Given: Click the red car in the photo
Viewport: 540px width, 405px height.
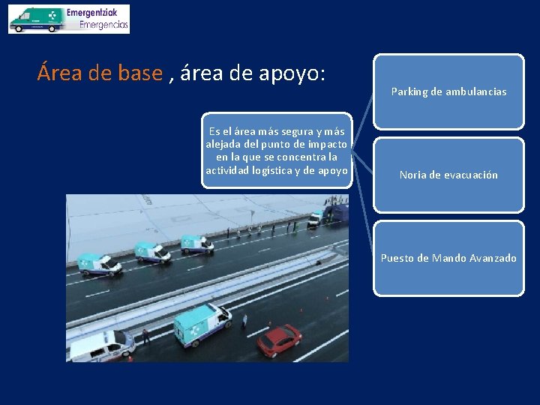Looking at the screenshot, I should pos(279,338).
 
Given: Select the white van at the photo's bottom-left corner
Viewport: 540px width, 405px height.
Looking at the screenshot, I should pos(100,346).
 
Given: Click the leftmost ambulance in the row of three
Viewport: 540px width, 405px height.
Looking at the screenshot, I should pos(100,264).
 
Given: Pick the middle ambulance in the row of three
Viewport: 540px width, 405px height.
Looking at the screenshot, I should pos(152,252).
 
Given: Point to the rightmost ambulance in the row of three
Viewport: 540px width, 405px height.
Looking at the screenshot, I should pos(197,242).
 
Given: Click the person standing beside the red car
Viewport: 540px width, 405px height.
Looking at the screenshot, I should pos(244,321).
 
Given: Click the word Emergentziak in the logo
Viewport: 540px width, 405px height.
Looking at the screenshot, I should pos(97,13).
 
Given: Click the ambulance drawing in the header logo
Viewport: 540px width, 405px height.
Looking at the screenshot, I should pos(36,20).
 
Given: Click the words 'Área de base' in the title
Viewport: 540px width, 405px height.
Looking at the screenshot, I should pos(100,73).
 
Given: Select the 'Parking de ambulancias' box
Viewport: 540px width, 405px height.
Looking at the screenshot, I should pos(448,91).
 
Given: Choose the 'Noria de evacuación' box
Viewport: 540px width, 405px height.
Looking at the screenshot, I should pos(448,175).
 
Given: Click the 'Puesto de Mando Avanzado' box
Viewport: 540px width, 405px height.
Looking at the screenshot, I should pos(448,258).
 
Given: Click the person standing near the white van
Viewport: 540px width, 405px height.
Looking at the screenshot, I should pos(145,334).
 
